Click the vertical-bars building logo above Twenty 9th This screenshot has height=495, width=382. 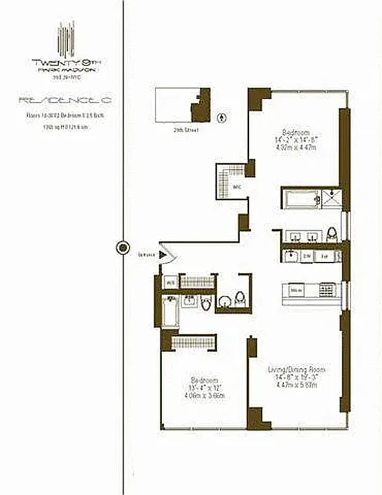click(66, 40)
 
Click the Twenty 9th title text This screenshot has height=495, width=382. click(66, 62)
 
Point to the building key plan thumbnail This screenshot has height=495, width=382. click(183, 105)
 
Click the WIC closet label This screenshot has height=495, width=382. click(237, 186)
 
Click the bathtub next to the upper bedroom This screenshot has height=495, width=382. click(299, 199)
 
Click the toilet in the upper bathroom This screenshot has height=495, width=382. click(332, 233)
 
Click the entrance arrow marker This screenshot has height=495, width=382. click(162, 254)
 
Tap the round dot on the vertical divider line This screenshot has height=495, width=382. click(123, 247)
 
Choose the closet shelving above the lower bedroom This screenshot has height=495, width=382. click(193, 342)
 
